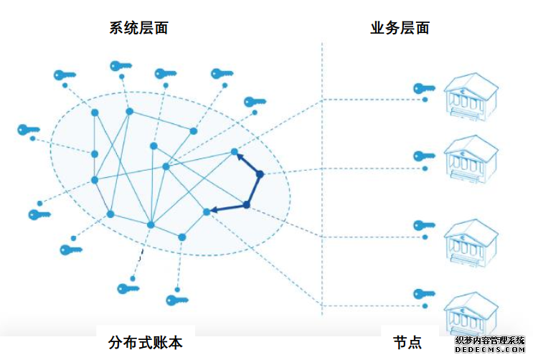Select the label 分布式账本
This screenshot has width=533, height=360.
(x=145, y=342)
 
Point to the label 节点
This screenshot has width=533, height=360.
(x=407, y=342)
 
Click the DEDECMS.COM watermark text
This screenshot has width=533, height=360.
(x=493, y=350)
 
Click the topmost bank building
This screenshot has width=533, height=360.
(x=471, y=98)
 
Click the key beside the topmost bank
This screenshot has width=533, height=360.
(x=424, y=88)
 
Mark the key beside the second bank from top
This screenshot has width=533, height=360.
(x=424, y=155)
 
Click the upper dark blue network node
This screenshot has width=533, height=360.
(x=260, y=174)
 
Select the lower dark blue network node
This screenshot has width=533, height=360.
(x=246, y=205)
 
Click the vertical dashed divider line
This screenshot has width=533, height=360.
(x=322, y=179)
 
